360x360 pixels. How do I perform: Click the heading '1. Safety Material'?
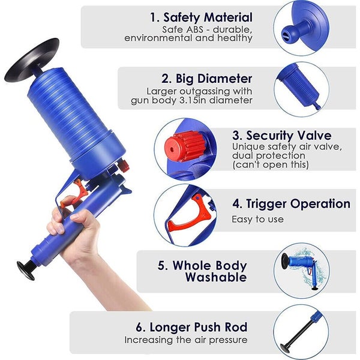click(x=201, y=17)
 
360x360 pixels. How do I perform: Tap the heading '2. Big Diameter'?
click(x=206, y=78)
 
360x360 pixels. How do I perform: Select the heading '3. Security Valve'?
click(x=281, y=136)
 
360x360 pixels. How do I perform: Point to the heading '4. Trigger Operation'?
click(x=291, y=204)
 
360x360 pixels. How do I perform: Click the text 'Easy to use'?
click(x=257, y=219)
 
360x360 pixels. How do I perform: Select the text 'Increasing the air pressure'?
click(x=186, y=340)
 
